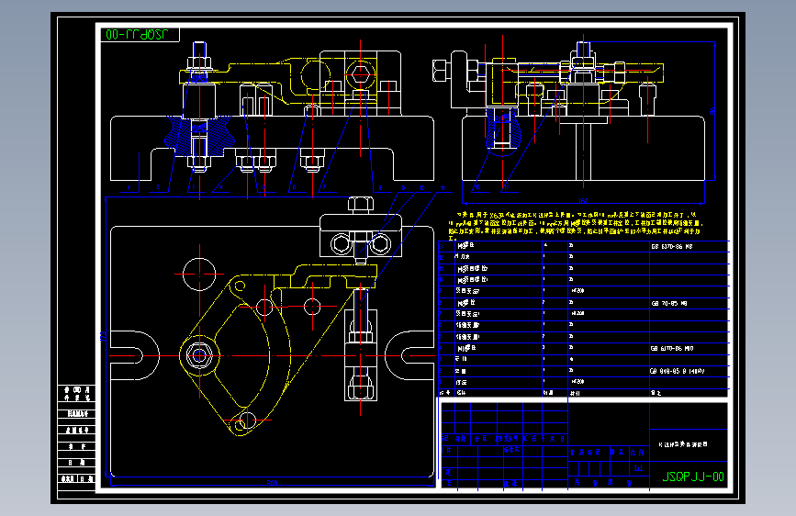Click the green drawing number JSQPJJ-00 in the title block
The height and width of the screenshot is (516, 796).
pyautogui.click(x=692, y=477)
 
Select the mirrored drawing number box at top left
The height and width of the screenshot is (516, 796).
pyautogui.click(x=140, y=36)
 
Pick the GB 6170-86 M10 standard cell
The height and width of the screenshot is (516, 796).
pyautogui.click(x=672, y=349)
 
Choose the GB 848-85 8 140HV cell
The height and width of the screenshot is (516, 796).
pyautogui.click(x=678, y=371)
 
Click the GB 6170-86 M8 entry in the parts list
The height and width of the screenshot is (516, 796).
pyautogui.click(x=672, y=246)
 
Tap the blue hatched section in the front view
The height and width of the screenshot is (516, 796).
pyautogui.click(x=196, y=138)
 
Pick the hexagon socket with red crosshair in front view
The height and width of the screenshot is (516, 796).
pyautogui.click(x=359, y=72)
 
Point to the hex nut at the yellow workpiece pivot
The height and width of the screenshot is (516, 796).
pyautogui.click(x=198, y=354)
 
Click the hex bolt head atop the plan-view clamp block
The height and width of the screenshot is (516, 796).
pyautogui.click(x=359, y=203)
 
